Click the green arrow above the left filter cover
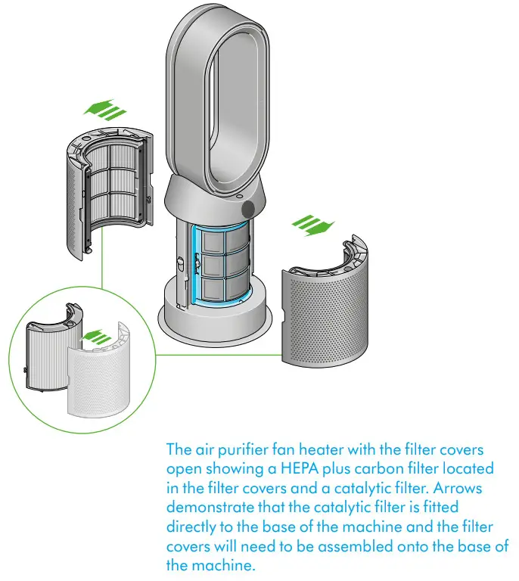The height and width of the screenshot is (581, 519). pos(103,110)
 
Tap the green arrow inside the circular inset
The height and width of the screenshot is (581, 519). pos(92,336)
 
